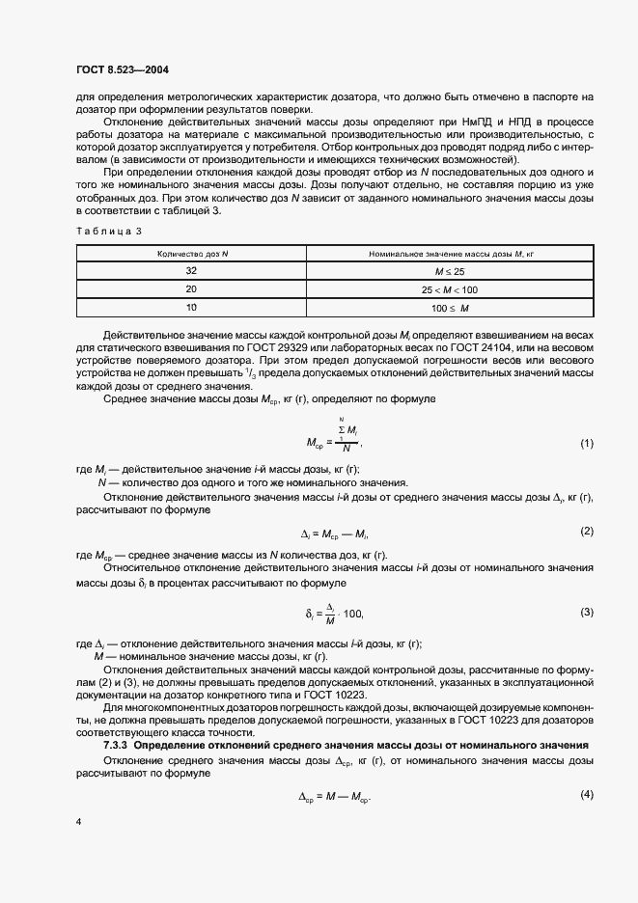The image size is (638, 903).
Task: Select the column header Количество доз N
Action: click(190, 254)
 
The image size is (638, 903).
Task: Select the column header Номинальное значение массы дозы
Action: click(451, 254)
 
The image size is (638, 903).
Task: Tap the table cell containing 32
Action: click(190, 271)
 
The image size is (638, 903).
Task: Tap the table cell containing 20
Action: click(190, 288)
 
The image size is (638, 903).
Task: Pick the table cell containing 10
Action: click(190, 307)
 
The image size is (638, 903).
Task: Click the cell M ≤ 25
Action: click(451, 271)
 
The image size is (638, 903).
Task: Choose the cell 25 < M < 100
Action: click(451, 289)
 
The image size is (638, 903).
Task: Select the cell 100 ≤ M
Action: click(451, 307)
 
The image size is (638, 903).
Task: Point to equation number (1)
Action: click(585, 443)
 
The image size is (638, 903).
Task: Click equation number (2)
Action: click(585, 532)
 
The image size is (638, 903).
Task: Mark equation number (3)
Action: click(585, 612)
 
